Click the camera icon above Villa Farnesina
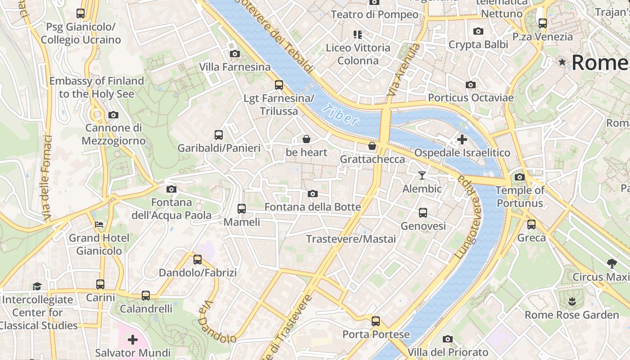234,54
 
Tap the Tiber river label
341,114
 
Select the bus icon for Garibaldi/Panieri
219,135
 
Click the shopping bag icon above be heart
306,139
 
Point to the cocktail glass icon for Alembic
422,175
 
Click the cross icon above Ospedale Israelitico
462,139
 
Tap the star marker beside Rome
562,62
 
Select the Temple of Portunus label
520,197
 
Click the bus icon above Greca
531,224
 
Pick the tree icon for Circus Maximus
611,263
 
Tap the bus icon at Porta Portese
376,321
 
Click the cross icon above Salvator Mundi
133,339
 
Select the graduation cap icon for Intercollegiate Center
37,286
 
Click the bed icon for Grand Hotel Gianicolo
99,225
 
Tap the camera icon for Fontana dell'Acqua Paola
171,189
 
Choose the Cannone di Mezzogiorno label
113,134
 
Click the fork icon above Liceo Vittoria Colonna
358,34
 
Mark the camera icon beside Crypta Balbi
478,31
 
